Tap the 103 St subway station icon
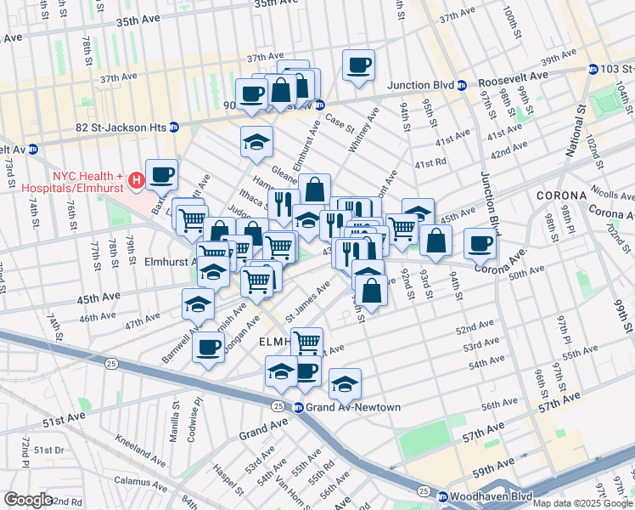coord(593,69)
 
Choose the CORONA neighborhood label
coord(561,195)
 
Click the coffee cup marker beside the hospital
coord(161,174)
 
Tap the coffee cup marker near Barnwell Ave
coord(208,346)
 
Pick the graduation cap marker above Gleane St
coord(256,142)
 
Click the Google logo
coord(28,500)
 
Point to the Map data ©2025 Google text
coord(582,503)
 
